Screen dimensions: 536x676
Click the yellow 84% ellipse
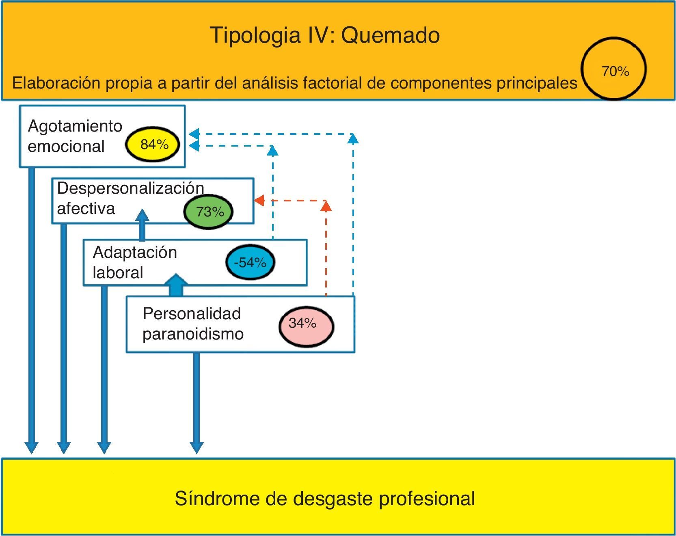[153, 144]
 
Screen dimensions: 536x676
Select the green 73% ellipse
[209, 212]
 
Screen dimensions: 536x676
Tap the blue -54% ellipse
[250, 262]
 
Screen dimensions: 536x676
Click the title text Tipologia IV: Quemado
[325, 35]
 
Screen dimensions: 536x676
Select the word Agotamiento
[75, 126]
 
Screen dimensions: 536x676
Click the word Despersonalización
[130, 188]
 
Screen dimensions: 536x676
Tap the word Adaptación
[135, 253]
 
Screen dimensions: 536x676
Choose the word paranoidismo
[193, 334]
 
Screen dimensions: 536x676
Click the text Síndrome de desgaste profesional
[325, 498]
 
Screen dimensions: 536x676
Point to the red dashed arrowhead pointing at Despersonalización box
[259, 200]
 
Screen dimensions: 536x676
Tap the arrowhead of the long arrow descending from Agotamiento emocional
[32, 446]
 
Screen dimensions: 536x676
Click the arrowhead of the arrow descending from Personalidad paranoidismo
[197, 447]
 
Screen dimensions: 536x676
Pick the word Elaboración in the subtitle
[56, 83]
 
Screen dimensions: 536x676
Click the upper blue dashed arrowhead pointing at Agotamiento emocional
[194, 134]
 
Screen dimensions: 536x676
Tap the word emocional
[66, 147]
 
